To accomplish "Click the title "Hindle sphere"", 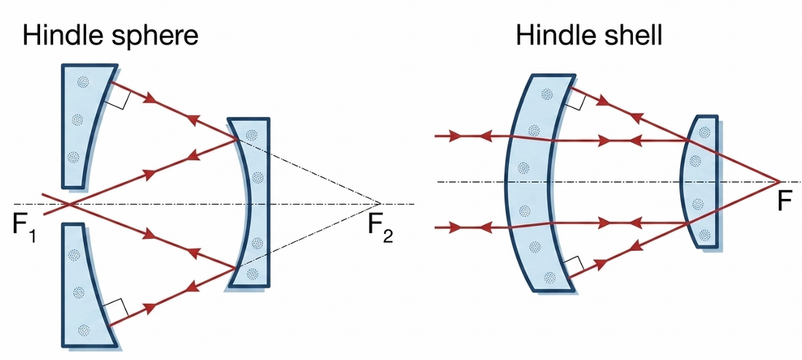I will click(111, 36).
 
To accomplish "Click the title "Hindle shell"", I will click(589, 36).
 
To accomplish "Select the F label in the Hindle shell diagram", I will click(784, 200).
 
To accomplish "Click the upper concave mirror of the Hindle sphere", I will click(84, 120).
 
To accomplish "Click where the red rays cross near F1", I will click(67, 203).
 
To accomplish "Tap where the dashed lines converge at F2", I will click(380, 203).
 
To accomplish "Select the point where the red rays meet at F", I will click(779, 181).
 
